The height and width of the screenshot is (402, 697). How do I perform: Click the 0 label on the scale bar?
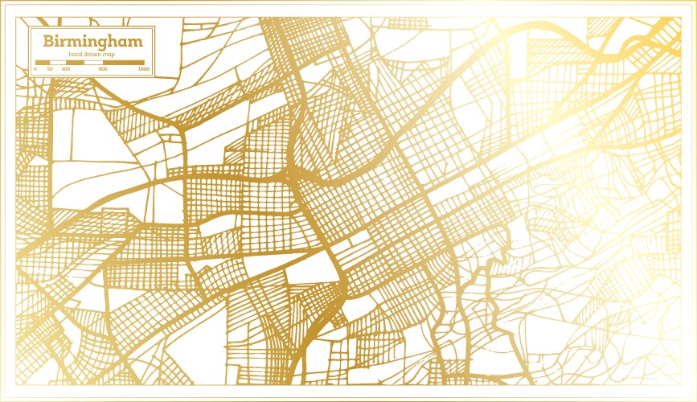[35, 69]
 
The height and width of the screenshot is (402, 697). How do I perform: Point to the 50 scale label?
[50, 69]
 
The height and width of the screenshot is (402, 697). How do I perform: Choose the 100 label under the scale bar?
[65, 69]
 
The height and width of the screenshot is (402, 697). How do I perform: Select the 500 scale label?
[103, 69]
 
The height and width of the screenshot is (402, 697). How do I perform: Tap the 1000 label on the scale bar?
[143, 69]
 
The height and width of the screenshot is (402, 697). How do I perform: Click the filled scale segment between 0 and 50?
[43, 62]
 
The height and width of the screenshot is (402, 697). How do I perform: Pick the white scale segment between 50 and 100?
[57, 62]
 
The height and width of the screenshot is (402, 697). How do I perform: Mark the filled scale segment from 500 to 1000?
[124, 62]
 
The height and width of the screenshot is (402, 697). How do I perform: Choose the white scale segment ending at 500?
[93, 62]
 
